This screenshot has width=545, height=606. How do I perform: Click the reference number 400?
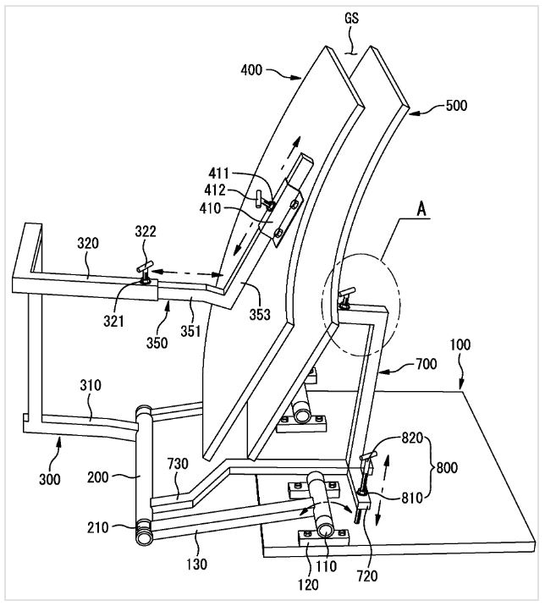click(251, 70)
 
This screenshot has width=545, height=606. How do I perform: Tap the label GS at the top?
click(351, 18)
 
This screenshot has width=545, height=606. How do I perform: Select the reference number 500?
click(456, 106)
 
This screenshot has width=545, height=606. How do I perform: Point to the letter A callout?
click(421, 209)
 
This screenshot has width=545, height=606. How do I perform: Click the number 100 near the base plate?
click(460, 344)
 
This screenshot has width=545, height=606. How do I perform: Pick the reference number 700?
click(426, 364)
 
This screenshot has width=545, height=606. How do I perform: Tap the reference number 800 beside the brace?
click(447, 468)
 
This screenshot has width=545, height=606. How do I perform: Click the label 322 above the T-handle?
click(146, 231)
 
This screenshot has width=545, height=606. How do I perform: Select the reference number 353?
click(259, 315)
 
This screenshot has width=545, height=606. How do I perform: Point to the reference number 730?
click(178, 464)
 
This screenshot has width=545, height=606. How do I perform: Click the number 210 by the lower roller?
click(98, 527)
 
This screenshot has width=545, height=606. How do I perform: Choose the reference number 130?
click(196, 565)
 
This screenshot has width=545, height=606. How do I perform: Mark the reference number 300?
click(49, 479)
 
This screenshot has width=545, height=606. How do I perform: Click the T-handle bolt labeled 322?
click(145, 273)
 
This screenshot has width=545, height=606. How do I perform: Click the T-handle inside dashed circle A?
click(345, 297)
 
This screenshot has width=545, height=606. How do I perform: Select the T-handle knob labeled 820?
click(367, 457)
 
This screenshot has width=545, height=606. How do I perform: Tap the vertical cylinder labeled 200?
click(143, 475)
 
